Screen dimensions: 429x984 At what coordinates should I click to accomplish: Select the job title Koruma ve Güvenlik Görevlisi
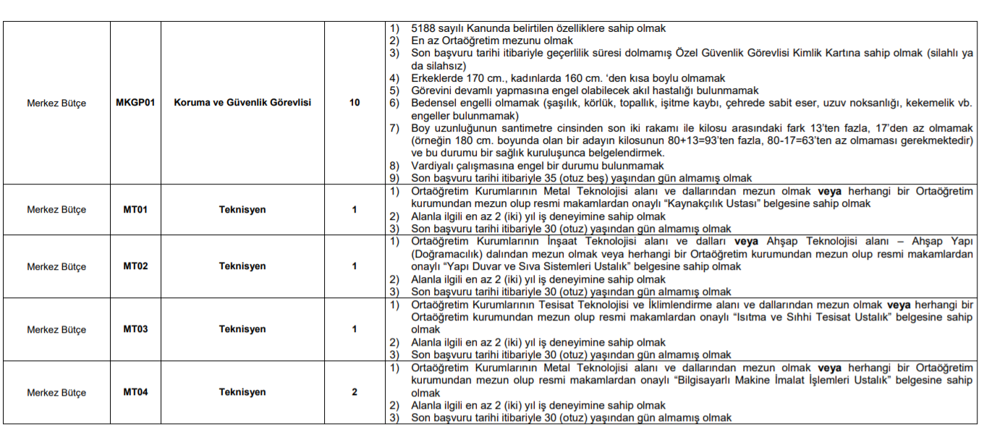[x=242, y=103]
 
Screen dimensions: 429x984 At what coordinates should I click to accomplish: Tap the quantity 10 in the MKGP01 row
[x=355, y=103]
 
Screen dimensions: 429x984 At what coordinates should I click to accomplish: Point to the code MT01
[x=135, y=210]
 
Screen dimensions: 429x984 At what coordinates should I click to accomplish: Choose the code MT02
[x=135, y=266]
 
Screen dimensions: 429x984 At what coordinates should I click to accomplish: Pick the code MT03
[x=135, y=329]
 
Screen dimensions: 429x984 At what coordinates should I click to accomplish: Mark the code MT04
[x=135, y=392]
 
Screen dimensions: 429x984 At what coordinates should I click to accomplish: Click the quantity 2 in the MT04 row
[x=355, y=392]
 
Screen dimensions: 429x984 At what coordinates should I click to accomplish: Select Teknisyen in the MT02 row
[x=242, y=266]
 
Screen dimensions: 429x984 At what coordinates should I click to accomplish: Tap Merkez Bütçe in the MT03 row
[x=56, y=330]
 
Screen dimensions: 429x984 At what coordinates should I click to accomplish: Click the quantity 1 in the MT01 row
[x=355, y=210]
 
